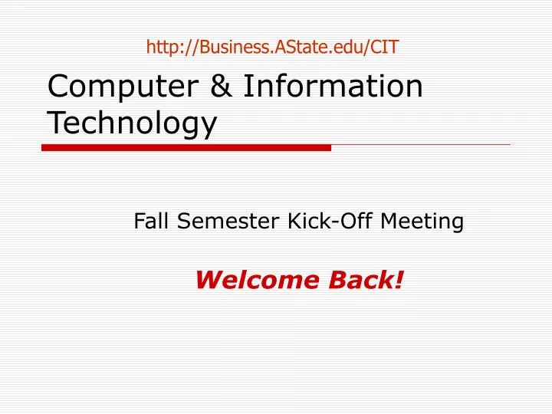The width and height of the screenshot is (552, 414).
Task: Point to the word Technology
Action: (133, 123)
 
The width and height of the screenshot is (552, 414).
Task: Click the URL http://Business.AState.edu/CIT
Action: (272, 47)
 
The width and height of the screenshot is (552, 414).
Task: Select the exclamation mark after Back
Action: (399, 281)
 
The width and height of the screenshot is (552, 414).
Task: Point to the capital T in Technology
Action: (56, 123)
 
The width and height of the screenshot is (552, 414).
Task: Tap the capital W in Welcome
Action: (207, 281)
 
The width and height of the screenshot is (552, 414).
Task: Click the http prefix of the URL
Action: (162, 47)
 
